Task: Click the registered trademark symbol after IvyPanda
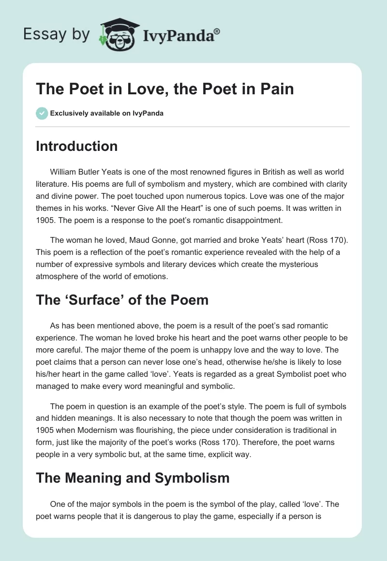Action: [217, 31]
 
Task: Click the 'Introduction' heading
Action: [77, 146]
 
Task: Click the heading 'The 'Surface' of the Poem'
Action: [122, 300]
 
